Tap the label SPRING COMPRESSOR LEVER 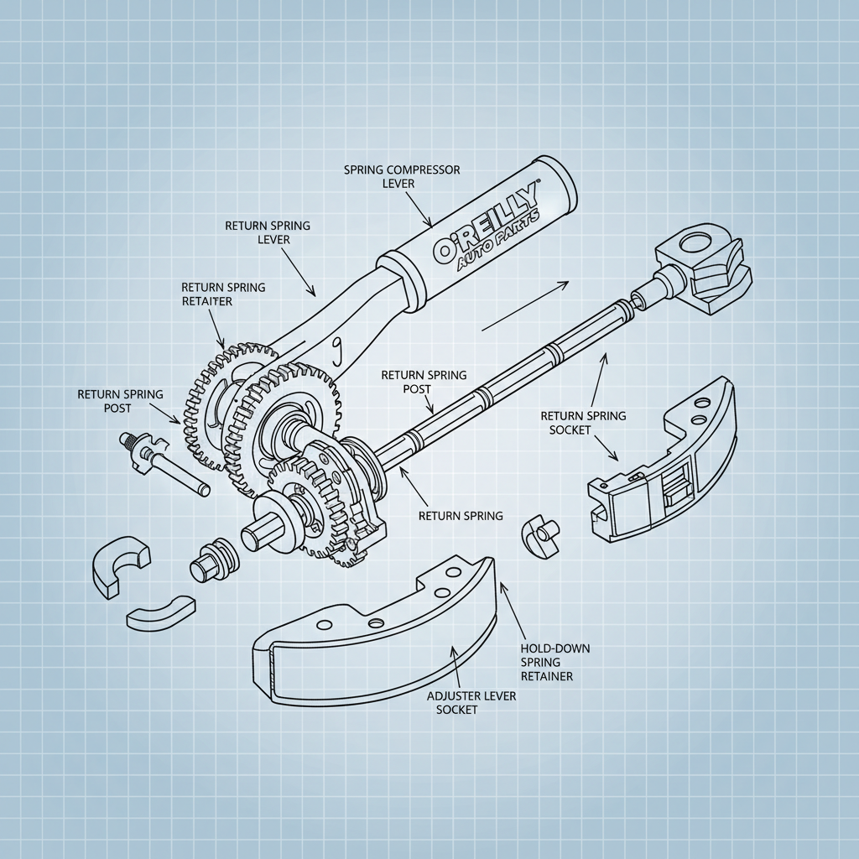point(402,176)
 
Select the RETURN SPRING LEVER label point(268,232)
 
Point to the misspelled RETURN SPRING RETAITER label point(223,294)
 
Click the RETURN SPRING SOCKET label point(582,423)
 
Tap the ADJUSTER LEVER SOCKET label point(460,703)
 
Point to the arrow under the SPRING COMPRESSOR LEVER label point(418,210)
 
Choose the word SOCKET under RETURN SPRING point(570,429)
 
